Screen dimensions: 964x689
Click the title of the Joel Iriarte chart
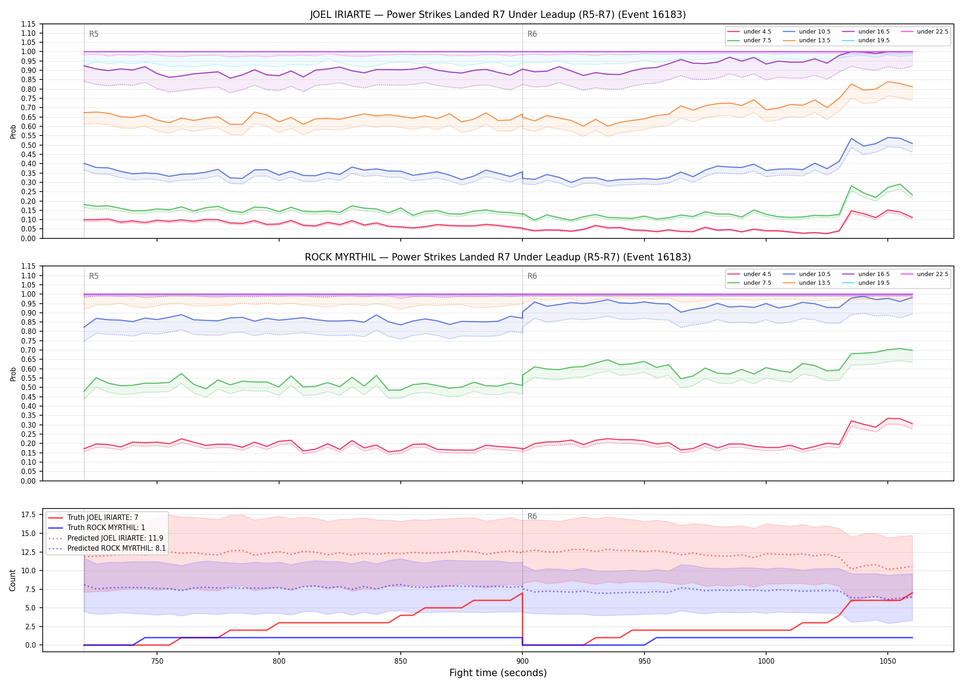click(x=498, y=15)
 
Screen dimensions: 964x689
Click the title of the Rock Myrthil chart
click(x=498, y=257)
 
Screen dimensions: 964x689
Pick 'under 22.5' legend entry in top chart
click(x=925, y=32)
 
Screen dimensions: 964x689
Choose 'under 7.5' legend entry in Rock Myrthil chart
click(x=749, y=283)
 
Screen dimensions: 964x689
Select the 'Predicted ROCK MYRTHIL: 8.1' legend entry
click(x=107, y=548)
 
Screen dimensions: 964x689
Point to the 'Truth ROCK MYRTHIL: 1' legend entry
click(x=96, y=528)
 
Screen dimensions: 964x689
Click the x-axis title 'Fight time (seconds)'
click(x=498, y=673)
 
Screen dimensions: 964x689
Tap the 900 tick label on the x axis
click(x=522, y=661)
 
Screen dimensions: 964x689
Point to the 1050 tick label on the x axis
click(x=887, y=661)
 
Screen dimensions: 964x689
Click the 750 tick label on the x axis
click(x=157, y=661)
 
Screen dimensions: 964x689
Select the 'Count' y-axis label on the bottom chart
click(x=12, y=580)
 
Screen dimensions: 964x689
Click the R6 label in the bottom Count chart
click(x=532, y=516)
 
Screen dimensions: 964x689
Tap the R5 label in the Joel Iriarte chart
click(x=94, y=34)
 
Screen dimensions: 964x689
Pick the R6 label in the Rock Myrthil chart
click(x=532, y=276)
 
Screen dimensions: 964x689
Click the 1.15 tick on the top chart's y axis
click(x=29, y=24)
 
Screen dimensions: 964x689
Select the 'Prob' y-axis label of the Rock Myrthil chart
click(x=13, y=374)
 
